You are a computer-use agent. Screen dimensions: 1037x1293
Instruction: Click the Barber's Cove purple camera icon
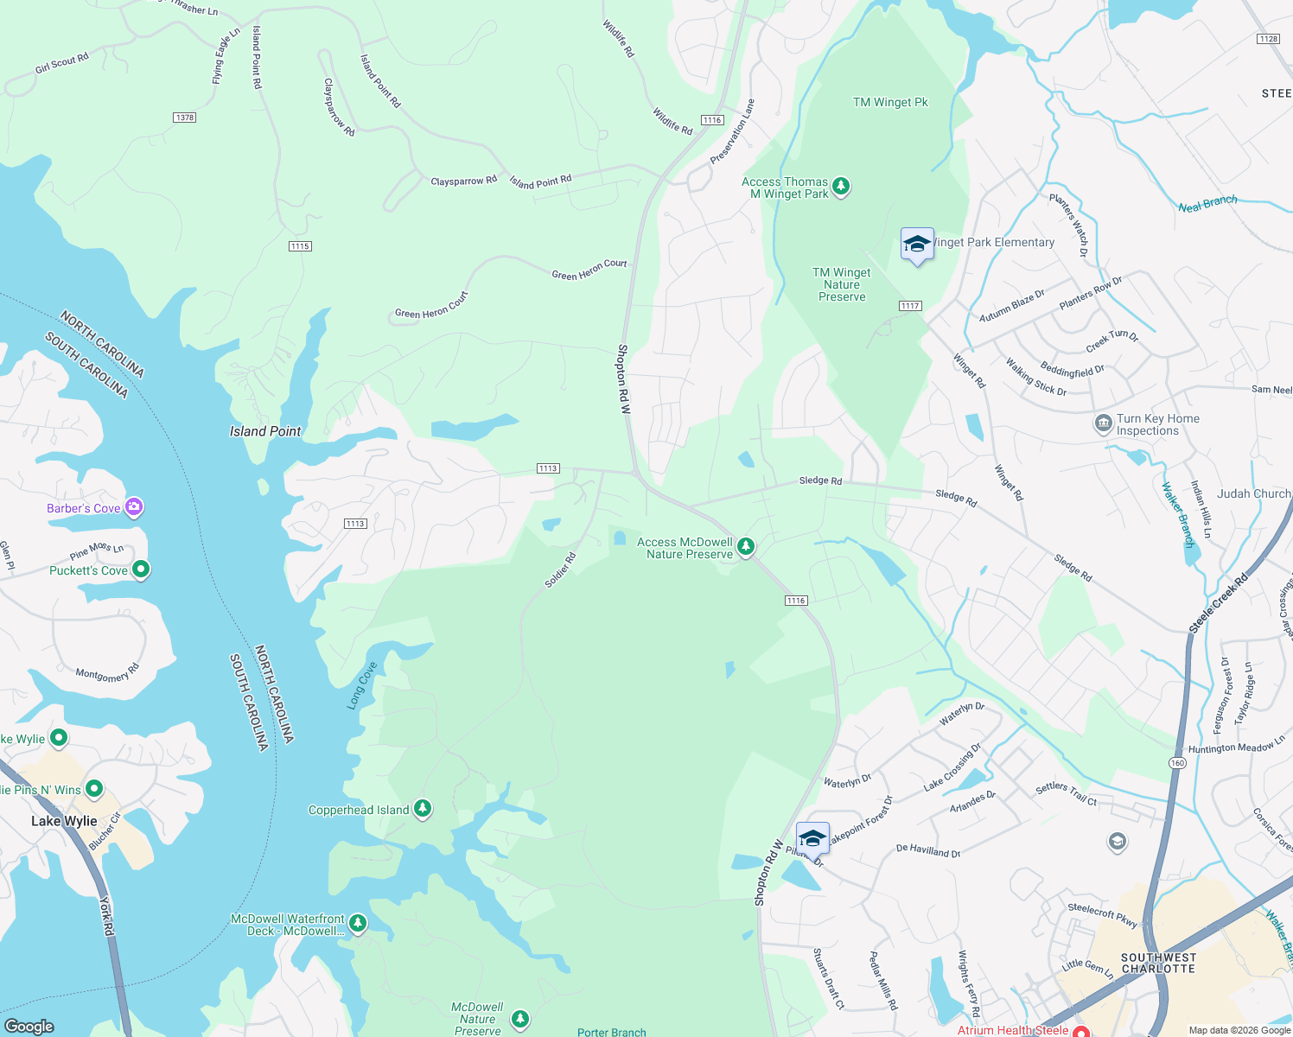(x=134, y=507)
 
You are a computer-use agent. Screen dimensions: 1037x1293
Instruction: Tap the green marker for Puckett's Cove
(x=142, y=569)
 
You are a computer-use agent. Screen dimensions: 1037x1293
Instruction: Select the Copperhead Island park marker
(x=423, y=809)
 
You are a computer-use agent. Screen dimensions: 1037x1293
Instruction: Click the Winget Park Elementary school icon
(x=917, y=245)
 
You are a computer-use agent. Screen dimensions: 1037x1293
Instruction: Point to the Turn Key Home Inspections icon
(x=1103, y=423)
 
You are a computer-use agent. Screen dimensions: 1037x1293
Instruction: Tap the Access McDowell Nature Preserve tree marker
(x=746, y=546)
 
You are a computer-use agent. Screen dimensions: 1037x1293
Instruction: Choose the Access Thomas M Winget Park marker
(x=841, y=186)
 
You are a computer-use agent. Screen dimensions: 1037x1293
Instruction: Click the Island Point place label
(x=265, y=431)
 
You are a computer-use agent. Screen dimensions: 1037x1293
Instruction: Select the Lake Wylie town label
(x=64, y=821)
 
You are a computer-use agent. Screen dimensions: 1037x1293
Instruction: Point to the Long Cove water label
(x=362, y=686)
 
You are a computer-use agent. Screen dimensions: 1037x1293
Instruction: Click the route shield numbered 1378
(x=184, y=118)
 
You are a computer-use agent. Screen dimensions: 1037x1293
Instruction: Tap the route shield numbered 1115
(x=300, y=246)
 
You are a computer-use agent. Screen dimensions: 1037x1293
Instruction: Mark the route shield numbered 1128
(x=1268, y=39)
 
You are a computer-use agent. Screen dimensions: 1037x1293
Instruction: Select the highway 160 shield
(x=1177, y=763)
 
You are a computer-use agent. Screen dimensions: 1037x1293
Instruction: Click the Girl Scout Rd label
(x=61, y=64)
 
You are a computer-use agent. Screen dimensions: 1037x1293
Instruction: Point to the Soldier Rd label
(x=559, y=571)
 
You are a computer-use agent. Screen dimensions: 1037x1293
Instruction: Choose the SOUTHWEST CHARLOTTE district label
(x=1158, y=963)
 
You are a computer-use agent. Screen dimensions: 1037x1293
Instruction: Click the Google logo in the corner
(x=29, y=1026)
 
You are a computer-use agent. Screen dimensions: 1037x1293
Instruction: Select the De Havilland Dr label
(x=928, y=850)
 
